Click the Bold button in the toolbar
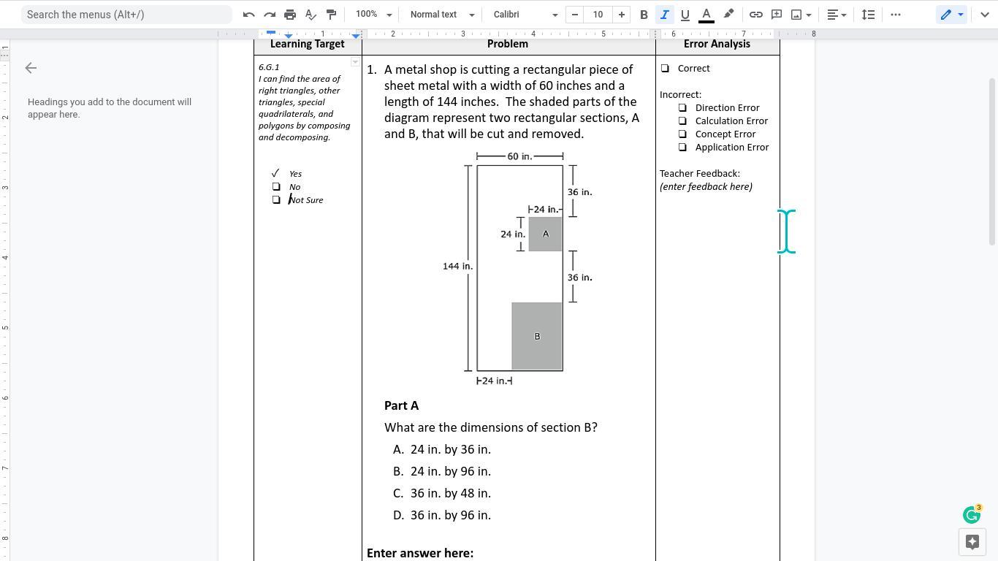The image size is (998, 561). pos(644,15)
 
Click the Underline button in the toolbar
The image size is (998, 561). pos(685,15)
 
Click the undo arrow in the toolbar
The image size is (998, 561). pos(249,15)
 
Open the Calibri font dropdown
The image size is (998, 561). pos(525,15)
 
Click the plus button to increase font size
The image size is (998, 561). pos(621,15)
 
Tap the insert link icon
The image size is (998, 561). pos(755,15)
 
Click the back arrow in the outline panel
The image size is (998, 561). pos(31,68)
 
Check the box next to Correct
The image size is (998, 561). pos(665,69)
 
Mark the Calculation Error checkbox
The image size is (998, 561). pos(682,121)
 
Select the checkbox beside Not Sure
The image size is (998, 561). pos(276,200)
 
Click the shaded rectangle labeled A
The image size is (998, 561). pos(545,234)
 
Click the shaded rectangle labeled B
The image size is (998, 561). pos(537,336)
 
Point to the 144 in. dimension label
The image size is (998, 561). pos(457,266)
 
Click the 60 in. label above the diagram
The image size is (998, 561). pos(519,156)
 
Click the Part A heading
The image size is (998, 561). pos(401,405)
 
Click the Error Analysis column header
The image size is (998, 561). pos(717,44)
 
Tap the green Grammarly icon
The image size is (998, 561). pos(971,515)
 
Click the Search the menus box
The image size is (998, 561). pos(126,15)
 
